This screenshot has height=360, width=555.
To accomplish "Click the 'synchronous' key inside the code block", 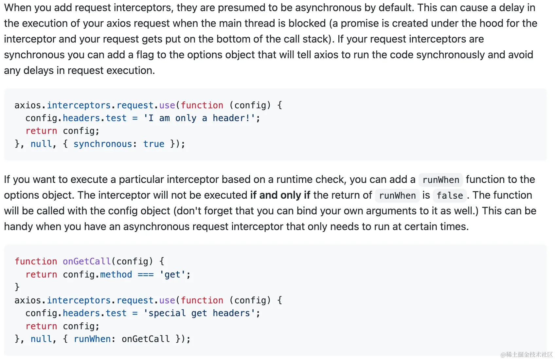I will click(103, 144).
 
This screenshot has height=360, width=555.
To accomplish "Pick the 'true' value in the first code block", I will click(154, 144).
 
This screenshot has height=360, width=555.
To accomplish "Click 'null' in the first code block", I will click(41, 144).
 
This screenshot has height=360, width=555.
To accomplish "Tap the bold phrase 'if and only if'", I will click(280, 195).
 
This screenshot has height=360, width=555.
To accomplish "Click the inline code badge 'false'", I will click(450, 196).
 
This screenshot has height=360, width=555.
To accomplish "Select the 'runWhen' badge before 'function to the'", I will click(441, 180).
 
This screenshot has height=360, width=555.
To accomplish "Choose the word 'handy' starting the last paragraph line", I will click(18, 226).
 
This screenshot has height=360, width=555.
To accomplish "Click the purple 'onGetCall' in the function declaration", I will click(87, 261).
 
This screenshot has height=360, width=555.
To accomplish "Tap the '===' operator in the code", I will click(146, 275).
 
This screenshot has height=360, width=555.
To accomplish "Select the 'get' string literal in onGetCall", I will click(172, 275).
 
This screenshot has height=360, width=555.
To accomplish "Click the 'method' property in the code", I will click(116, 275).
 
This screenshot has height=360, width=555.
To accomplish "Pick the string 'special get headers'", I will click(199, 313).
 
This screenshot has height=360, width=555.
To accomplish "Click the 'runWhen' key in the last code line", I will click(92, 339).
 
